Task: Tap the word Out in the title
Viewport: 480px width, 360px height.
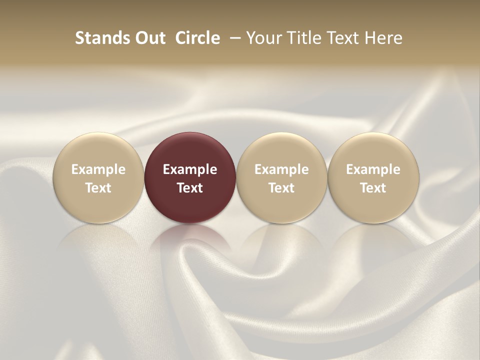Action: (148, 38)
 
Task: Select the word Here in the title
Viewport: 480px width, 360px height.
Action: (383, 38)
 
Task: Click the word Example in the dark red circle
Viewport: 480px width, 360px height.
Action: (190, 169)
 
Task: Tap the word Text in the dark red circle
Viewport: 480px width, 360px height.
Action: (190, 188)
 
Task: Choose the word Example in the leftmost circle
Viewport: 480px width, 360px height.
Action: (98, 169)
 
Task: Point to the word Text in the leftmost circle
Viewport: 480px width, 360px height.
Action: (98, 188)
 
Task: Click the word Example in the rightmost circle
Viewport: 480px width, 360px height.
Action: (373, 169)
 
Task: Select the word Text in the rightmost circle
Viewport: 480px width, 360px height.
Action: (373, 188)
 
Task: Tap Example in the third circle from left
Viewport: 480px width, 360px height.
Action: (281, 169)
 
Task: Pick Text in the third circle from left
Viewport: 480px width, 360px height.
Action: (281, 188)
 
